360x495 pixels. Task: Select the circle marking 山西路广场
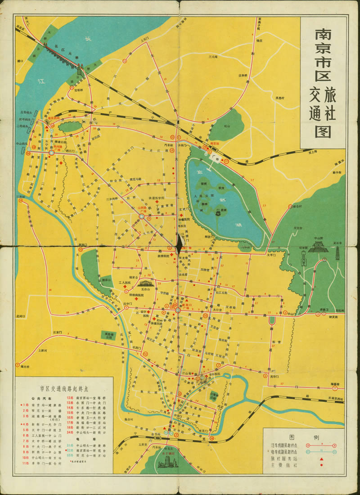click(x=141, y=217)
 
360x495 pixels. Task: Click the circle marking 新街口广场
click(x=178, y=310)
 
